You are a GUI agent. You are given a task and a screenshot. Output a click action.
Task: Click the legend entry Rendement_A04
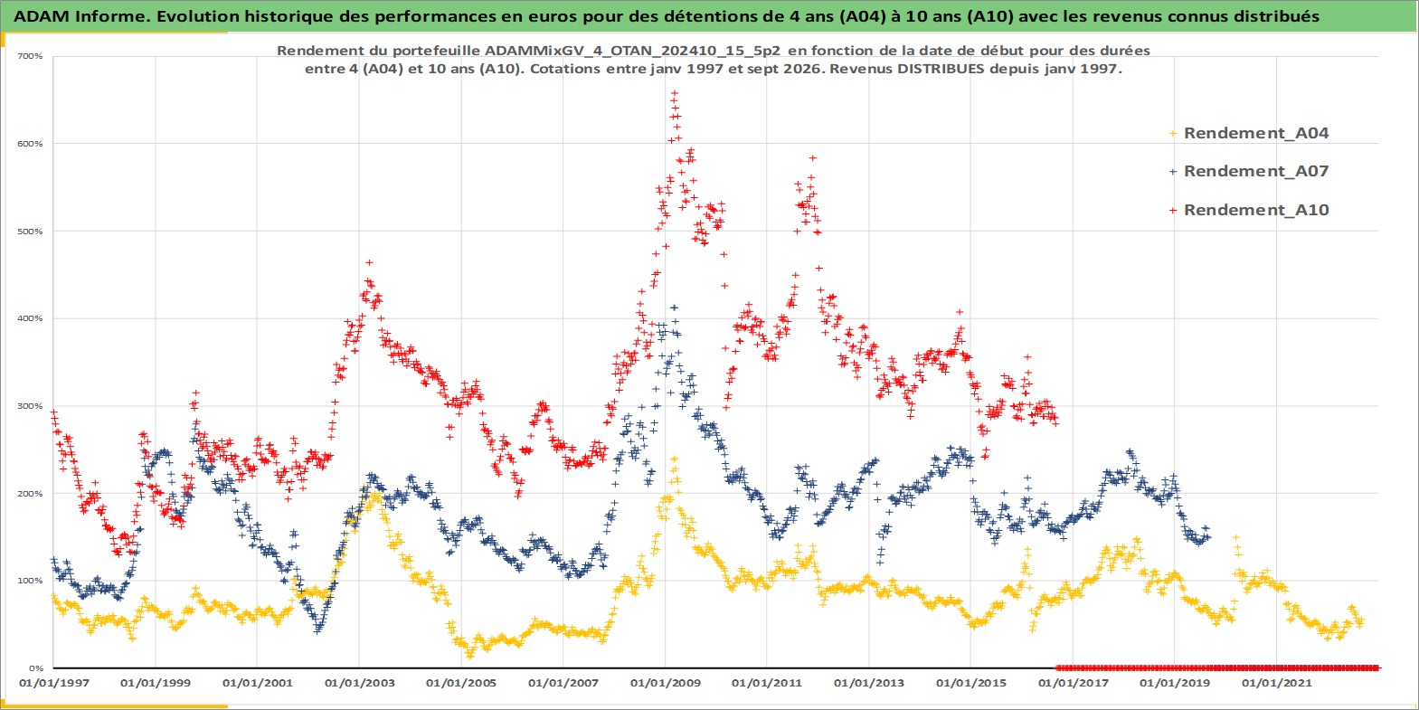1249,133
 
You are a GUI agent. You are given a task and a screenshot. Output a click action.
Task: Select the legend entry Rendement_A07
1249,171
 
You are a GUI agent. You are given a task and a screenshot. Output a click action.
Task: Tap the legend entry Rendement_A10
1249,210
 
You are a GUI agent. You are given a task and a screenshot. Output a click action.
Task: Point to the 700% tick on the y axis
30,56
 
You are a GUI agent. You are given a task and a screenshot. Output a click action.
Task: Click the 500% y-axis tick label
30,232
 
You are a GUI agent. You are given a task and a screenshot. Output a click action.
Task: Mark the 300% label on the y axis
30,406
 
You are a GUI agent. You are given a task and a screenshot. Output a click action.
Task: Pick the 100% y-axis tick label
30,581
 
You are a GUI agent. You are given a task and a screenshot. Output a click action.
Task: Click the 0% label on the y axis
36,668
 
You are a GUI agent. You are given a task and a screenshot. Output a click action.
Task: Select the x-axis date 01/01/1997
54,683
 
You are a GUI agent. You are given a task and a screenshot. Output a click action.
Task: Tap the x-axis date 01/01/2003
359,683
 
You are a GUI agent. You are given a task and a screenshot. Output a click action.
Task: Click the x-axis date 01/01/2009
665,683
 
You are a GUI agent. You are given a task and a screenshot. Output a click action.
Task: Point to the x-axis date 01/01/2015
971,683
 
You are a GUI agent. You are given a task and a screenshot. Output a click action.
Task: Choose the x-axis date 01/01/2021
1276,683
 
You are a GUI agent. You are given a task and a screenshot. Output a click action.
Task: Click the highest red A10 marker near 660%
675,93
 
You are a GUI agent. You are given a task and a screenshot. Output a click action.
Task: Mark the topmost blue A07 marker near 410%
674,308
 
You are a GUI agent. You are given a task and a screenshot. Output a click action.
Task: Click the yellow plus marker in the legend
1173,134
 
